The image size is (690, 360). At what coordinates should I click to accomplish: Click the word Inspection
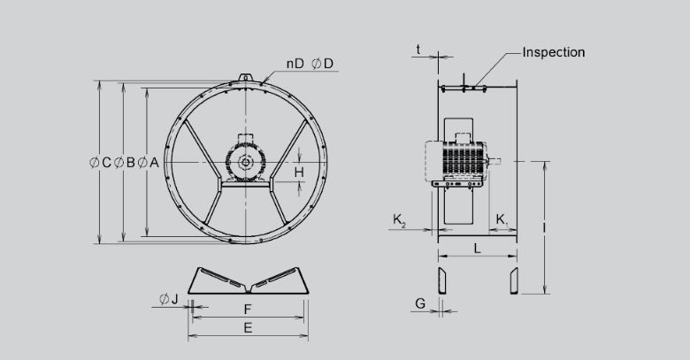554,52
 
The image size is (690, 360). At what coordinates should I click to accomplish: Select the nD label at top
295,64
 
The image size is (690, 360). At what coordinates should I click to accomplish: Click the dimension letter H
300,172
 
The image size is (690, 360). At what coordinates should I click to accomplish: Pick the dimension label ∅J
169,299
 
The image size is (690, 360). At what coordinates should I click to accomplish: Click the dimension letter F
249,310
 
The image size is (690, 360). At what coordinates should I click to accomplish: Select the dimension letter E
249,328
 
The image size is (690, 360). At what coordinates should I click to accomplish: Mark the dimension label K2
400,218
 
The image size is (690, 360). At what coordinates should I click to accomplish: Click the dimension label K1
502,218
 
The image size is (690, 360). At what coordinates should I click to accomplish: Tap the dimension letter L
478,249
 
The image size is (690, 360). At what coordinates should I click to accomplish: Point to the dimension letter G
420,303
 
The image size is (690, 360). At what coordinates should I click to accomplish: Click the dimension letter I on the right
543,227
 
